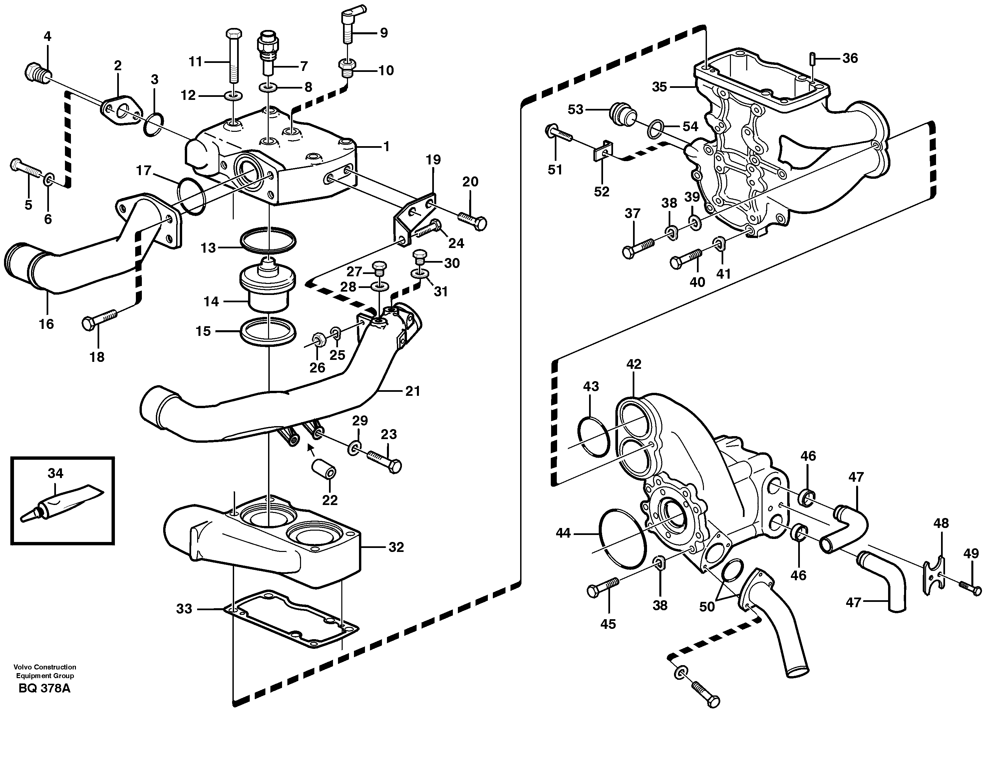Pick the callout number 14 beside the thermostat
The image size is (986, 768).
(211, 301)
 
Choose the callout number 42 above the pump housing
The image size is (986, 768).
(633, 364)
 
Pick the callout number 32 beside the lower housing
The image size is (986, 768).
(396, 547)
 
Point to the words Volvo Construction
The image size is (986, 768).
(44, 667)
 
